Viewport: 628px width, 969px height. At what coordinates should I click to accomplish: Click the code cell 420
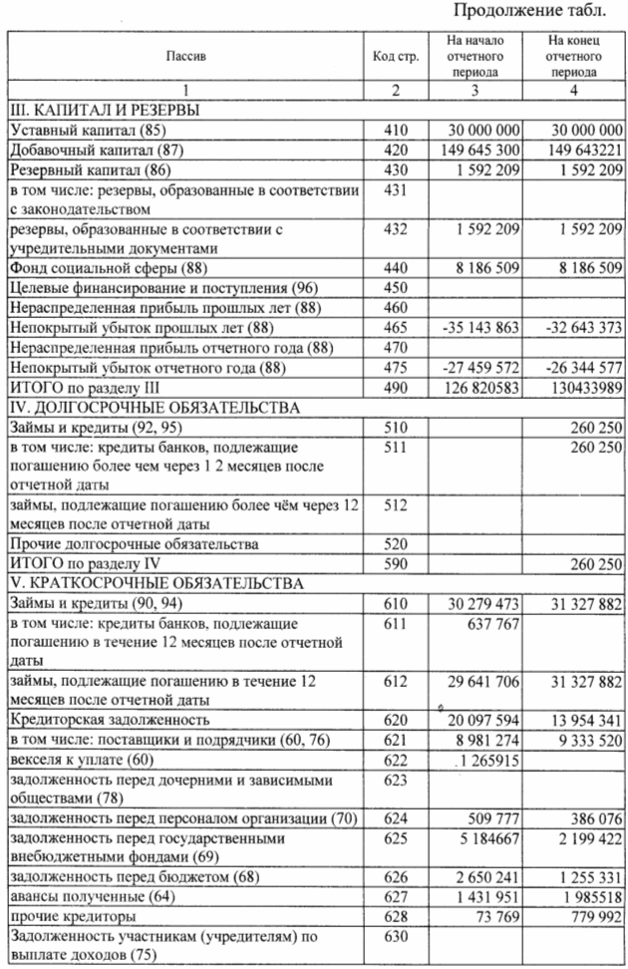pyautogui.click(x=395, y=150)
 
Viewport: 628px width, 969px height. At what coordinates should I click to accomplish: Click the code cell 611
pyautogui.click(x=395, y=622)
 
